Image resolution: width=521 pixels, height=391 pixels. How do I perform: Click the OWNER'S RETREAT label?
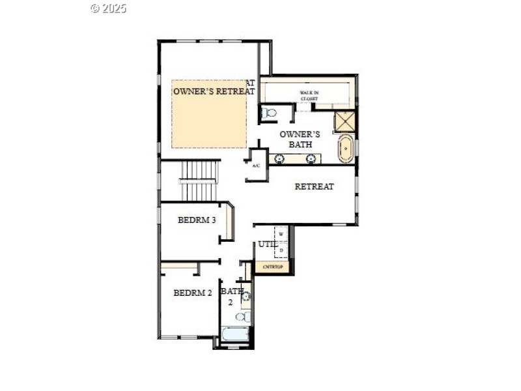[214, 91]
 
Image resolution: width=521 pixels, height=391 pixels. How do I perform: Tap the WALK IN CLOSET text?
[309, 96]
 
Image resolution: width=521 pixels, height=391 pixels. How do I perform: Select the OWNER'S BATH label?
[300, 139]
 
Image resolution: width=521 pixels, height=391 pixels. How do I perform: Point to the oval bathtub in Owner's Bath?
[345, 149]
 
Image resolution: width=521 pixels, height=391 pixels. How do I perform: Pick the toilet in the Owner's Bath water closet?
[268, 113]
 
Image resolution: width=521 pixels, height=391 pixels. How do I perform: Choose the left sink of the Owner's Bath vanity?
[280, 158]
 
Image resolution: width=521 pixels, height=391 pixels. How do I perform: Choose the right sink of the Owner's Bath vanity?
[311, 158]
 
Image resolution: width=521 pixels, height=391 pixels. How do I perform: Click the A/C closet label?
[256, 166]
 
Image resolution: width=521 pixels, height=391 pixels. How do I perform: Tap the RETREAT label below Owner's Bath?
[314, 186]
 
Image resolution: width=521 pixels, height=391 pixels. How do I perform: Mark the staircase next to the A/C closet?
[199, 181]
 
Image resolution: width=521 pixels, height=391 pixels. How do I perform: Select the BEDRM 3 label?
[197, 220]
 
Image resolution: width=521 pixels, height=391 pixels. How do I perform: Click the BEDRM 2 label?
[193, 293]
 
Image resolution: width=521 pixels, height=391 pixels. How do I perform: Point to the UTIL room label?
[266, 244]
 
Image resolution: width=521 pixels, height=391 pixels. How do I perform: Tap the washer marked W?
[281, 234]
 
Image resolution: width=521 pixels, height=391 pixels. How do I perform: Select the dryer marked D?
[281, 250]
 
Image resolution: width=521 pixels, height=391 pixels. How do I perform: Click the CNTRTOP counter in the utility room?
[272, 267]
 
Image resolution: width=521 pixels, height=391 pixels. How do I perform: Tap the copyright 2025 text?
[108, 8]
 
